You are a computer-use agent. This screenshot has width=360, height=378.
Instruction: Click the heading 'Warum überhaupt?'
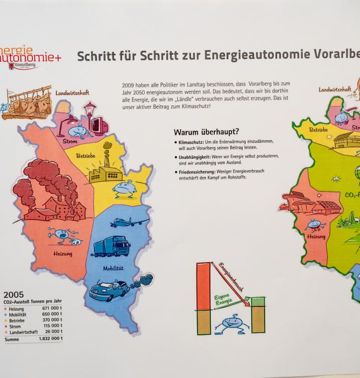coord(206,132)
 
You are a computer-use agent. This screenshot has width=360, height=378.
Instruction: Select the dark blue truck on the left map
coord(111,246)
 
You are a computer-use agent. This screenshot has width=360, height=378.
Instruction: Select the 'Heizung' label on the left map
coord(63,254)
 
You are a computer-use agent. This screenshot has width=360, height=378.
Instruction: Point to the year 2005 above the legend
coord(13,294)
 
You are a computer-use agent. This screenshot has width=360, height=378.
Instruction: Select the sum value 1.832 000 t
coord(50,339)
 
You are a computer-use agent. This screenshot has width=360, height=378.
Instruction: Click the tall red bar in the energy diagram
coord(203,286)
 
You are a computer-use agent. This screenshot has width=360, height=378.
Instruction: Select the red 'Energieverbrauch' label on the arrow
coord(232,281)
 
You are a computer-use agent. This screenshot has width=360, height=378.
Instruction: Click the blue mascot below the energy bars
coord(232,323)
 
